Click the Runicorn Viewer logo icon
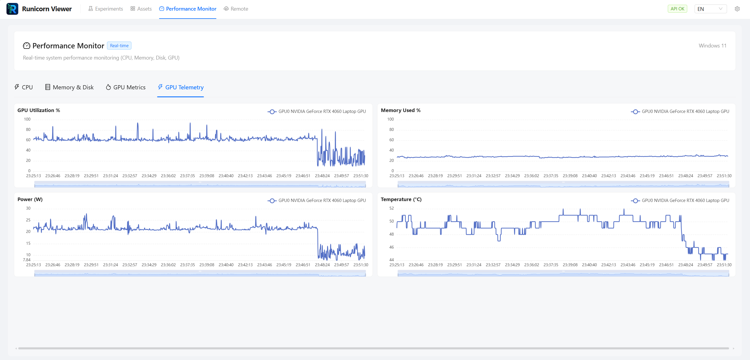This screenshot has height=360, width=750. pyautogui.click(x=12, y=9)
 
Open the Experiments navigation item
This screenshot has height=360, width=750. pyautogui.click(x=106, y=9)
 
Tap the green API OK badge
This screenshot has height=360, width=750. pyautogui.click(x=677, y=9)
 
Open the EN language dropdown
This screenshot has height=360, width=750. pyautogui.click(x=710, y=9)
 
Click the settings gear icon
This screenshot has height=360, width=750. pyautogui.click(x=737, y=9)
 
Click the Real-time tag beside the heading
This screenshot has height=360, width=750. pyautogui.click(x=119, y=46)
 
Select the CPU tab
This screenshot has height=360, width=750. pyautogui.click(x=24, y=87)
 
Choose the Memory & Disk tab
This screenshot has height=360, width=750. pyautogui.click(x=69, y=87)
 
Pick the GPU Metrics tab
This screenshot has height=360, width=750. pyautogui.click(x=126, y=87)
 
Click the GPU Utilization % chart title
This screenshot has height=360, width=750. pyautogui.click(x=39, y=110)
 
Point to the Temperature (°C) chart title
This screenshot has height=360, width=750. pyautogui.click(x=401, y=199)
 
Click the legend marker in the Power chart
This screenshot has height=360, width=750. pyautogui.click(x=272, y=200)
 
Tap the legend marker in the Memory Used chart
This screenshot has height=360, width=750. pyautogui.click(x=635, y=111)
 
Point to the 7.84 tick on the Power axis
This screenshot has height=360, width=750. pyautogui.click(x=27, y=260)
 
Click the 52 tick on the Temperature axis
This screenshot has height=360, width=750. pyautogui.click(x=391, y=208)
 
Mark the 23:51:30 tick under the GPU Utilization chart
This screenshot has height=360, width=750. pyautogui.click(x=361, y=176)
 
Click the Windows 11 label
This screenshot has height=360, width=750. pyautogui.click(x=712, y=46)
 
